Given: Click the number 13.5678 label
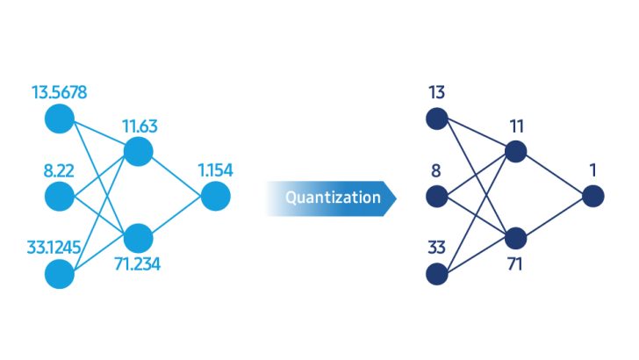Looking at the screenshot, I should pyautogui.click(x=59, y=92).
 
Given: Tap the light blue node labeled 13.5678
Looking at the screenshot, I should pyautogui.click(x=60, y=118).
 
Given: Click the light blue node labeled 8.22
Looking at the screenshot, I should pyautogui.click(x=60, y=196).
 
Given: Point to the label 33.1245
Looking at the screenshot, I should pyautogui.click(x=55, y=248).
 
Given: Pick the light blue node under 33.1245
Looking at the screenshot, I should pyautogui.click(x=60, y=274).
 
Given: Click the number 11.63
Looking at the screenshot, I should pyautogui.click(x=138, y=126).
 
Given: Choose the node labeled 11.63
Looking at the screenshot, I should pyautogui.click(x=139, y=151).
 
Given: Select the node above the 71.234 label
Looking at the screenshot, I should pyautogui.click(x=139, y=237).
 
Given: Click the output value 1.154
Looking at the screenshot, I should pyautogui.click(x=215, y=170).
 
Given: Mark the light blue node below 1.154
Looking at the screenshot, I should pyautogui.click(x=215, y=196).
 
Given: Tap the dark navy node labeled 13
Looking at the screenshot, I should pyautogui.click(x=435, y=118).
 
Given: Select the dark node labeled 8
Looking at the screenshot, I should pyautogui.click(x=435, y=196).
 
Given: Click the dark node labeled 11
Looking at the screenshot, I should pyautogui.click(x=515, y=151).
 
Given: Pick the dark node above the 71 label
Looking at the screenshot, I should pyautogui.click(x=515, y=237).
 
